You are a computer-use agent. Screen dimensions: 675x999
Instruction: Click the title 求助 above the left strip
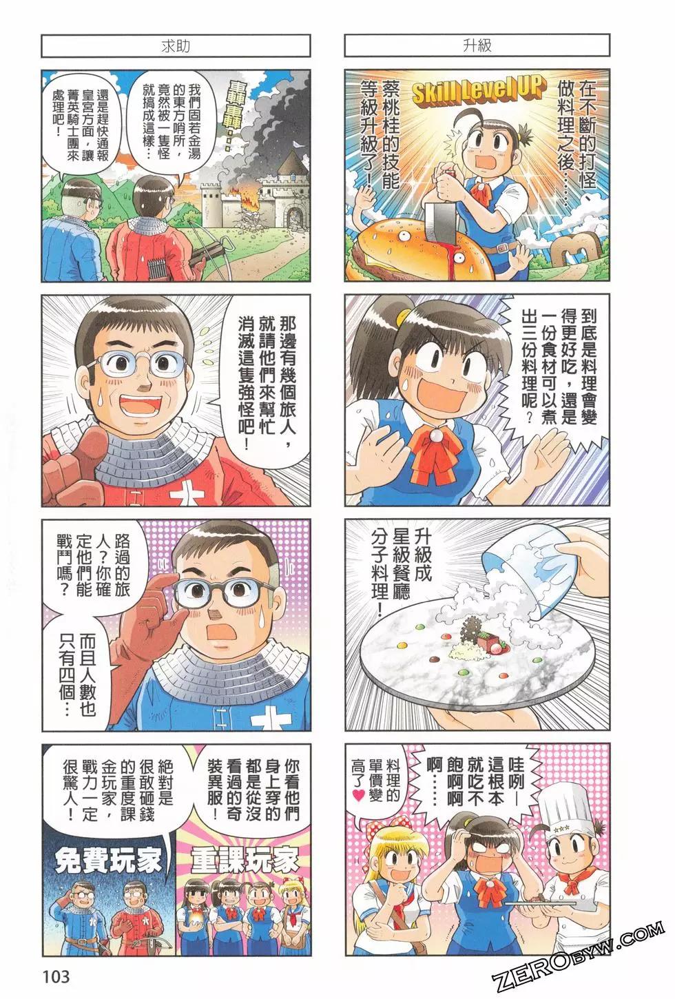click(x=175, y=46)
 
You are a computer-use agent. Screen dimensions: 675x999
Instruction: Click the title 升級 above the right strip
click(x=477, y=46)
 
